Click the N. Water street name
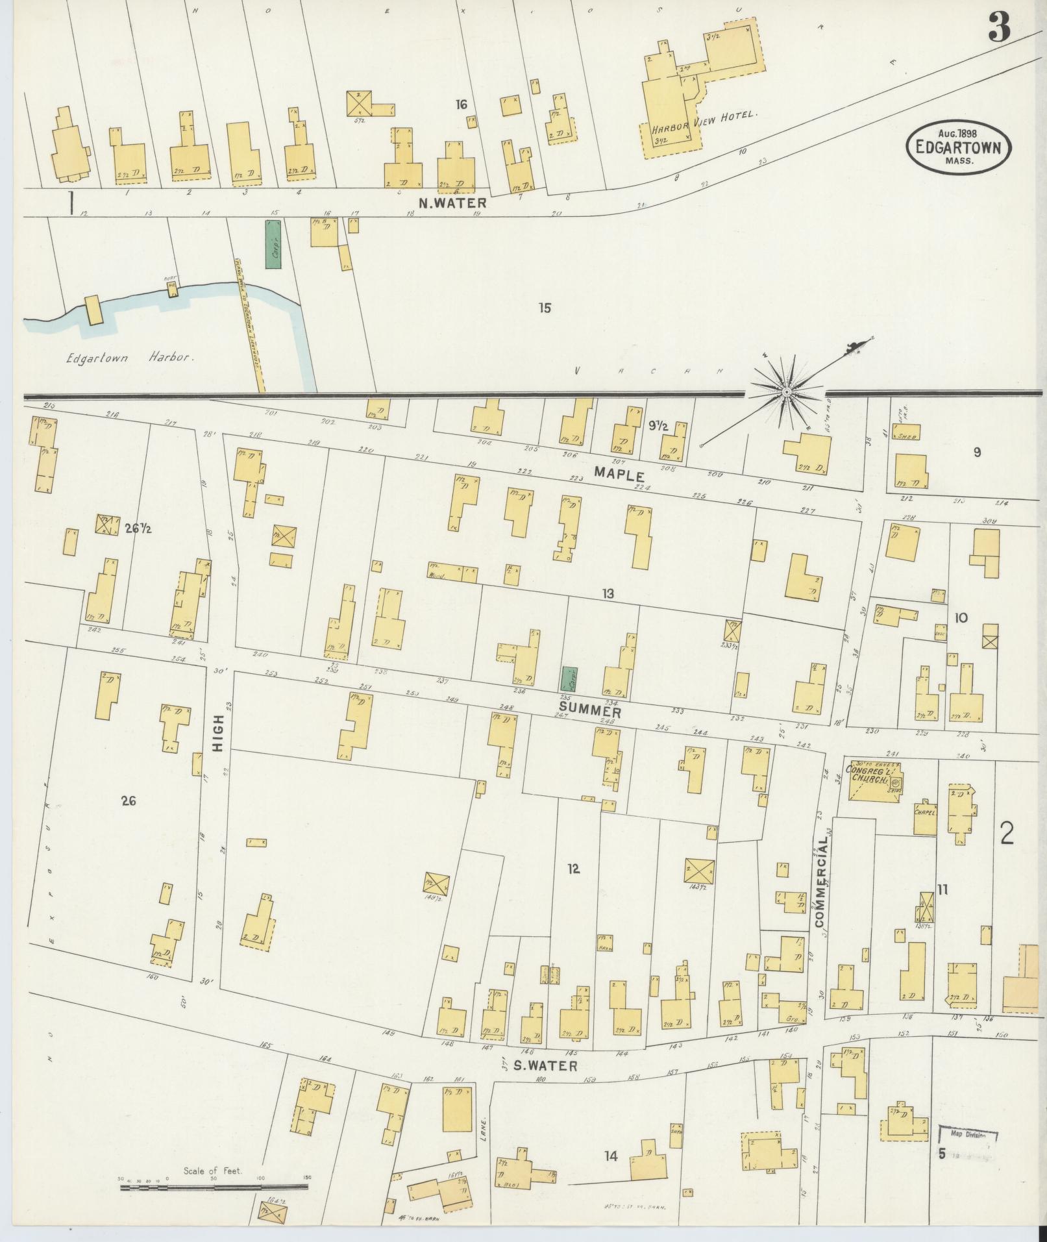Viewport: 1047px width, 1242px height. point(452,203)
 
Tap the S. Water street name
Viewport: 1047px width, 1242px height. point(545,1065)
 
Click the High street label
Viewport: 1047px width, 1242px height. point(218,733)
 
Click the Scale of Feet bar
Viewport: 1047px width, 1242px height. point(214,1187)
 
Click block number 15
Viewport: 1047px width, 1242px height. point(544,308)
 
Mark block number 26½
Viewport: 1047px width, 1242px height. point(138,528)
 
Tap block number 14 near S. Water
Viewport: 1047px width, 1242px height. point(611,1156)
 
